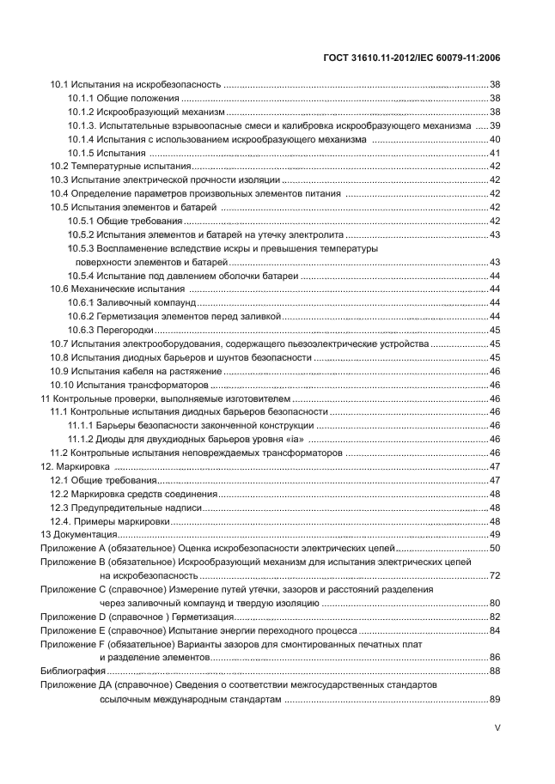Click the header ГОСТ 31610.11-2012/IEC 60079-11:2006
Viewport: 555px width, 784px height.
click(409, 58)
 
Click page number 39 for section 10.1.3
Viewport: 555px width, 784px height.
click(495, 125)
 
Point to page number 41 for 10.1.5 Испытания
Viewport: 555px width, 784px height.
click(495, 153)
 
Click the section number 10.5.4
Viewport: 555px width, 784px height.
click(81, 275)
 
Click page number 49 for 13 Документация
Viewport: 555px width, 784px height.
click(495, 534)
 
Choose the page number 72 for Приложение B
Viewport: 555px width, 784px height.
click(495, 574)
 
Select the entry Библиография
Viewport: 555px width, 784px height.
click(73, 670)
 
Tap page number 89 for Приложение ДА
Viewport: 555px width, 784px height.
click(495, 700)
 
